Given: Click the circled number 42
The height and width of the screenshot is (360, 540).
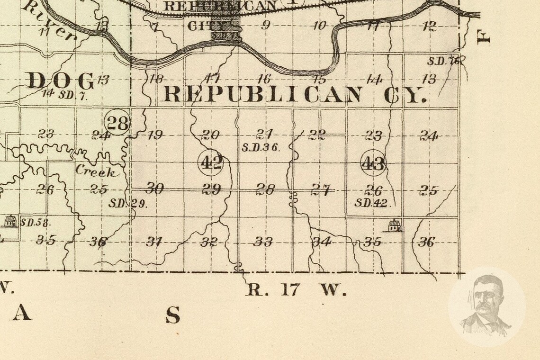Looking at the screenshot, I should (x=211, y=162).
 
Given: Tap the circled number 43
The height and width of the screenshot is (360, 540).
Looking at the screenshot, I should (x=373, y=163).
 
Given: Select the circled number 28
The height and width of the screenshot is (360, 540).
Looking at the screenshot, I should (x=117, y=123).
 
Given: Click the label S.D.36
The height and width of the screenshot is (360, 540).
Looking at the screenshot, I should (x=261, y=147).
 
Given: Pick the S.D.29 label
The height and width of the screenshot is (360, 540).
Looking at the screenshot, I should (x=128, y=204).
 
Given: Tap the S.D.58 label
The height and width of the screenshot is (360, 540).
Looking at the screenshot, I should (x=36, y=222).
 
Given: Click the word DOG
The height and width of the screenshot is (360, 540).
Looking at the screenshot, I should (x=61, y=81).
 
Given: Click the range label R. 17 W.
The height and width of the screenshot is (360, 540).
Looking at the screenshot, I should (x=296, y=289).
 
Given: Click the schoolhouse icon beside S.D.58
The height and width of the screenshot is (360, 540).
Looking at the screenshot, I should (x=9, y=222).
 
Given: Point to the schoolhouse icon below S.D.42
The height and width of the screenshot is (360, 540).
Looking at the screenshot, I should (x=394, y=225).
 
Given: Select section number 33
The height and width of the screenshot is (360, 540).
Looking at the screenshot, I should (x=263, y=242).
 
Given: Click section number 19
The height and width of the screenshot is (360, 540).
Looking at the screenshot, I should (x=155, y=135).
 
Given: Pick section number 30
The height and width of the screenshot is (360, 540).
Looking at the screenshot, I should (x=154, y=189).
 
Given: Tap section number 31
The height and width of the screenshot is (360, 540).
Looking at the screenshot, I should (x=154, y=242).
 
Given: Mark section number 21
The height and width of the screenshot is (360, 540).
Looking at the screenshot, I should (x=264, y=134).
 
